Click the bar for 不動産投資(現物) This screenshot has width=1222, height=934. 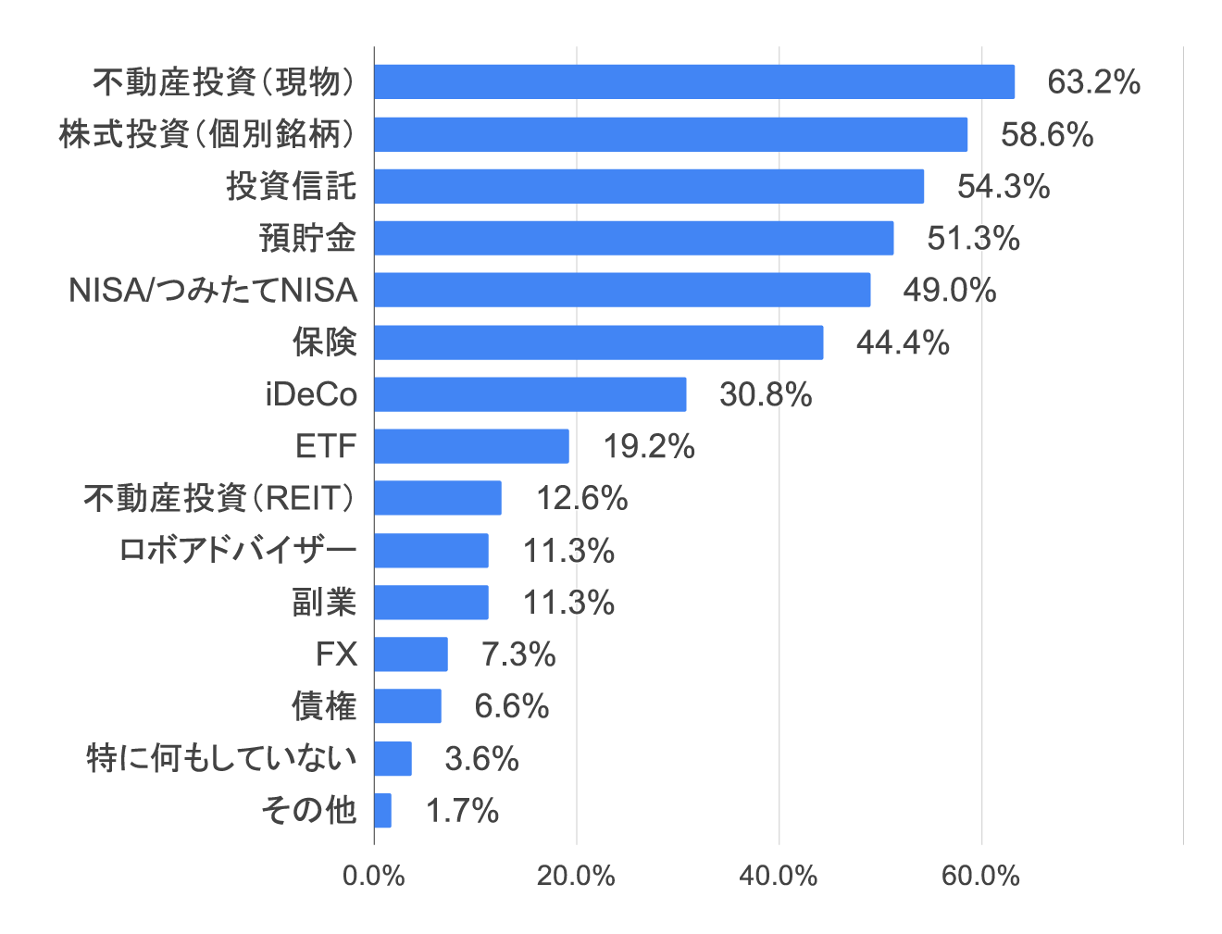(x=694, y=81)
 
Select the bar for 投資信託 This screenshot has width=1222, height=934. (x=649, y=186)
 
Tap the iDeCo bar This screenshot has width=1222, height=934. (x=530, y=394)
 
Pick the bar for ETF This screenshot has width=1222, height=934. (x=471, y=446)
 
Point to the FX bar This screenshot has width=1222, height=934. (x=411, y=654)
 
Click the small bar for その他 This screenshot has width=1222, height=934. (x=383, y=810)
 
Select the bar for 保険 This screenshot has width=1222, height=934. (x=599, y=342)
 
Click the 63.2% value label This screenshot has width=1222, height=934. (x=1093, y=82)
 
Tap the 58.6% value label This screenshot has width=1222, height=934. (x=1047, y=135)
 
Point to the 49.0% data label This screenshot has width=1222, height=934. (x=950, y=291)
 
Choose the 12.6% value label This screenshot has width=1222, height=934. (x=582, y=499)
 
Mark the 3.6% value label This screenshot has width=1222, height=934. (x=481, y=759)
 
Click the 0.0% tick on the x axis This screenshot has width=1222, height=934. (x=374, y=876)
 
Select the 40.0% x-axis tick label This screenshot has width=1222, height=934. (x=779, y=876)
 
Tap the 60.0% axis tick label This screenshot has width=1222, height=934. (x=980, y=876)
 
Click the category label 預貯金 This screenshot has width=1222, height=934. (x=307, y=239)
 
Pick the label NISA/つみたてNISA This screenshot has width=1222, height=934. (x=213, y=291)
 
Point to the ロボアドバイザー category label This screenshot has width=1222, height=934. (x=238, y=551)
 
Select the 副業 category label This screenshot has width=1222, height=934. (x=324, y=603)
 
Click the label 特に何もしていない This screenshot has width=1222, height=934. (x=221, y=759)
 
